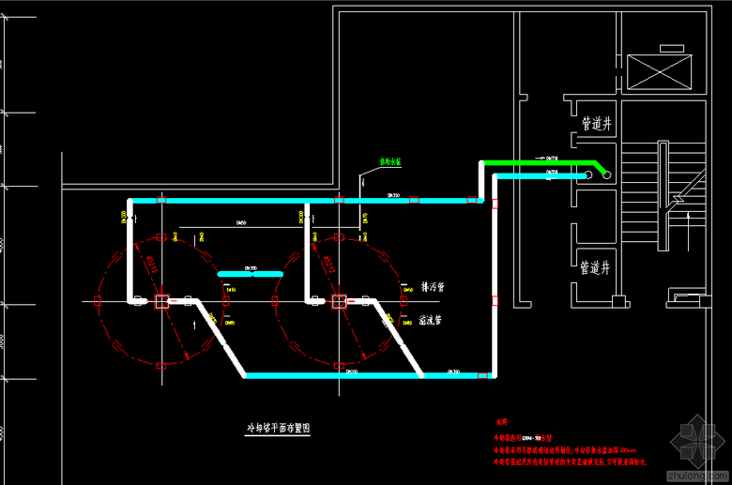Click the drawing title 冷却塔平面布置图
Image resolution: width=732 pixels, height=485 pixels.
click(x=277, y=427)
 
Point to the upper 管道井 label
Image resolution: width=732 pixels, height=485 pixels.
click(x=597, y=123)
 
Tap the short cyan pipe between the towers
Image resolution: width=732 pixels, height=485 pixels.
click(x=250, y=274)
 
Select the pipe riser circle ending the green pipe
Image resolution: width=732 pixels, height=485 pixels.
click(x=606, y=174)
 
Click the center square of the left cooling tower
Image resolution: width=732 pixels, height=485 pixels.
click(x=161, y=301)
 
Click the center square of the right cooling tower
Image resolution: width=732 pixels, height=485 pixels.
click(x=338, y=301)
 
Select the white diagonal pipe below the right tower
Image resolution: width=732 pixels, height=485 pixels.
click(x=399, y=338)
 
